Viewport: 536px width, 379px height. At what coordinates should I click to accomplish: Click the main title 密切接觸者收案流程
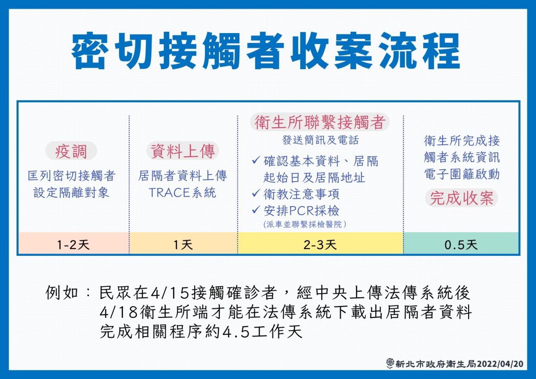pos(266,51)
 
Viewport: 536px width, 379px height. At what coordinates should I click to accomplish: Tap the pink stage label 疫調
pos(71,152)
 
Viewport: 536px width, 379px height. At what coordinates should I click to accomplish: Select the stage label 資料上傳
pos(182,152)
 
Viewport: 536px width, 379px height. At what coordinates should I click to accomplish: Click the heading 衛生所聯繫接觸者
pos(319,122)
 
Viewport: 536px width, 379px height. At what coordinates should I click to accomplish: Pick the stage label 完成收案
pos(461,198)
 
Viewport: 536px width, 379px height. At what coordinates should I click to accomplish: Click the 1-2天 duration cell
pos(73,244)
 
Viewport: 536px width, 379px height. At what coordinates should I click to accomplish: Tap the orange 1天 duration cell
pos(183,244)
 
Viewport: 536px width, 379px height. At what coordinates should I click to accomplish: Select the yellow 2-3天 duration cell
pos(320,244)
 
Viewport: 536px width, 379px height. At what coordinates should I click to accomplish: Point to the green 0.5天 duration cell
pos(461,244)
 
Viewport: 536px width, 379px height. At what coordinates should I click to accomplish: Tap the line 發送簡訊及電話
pos(320,140)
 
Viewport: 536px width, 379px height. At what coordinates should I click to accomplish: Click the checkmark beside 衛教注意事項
pos(256,193)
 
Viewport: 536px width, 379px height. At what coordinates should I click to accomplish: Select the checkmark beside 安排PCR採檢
pos(256,209)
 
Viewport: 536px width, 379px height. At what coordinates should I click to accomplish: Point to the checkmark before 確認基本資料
pos(256,160)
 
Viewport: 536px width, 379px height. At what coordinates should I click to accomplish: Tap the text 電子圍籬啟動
pos(461,174)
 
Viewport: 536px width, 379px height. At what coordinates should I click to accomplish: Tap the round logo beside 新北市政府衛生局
pos(390,363)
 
